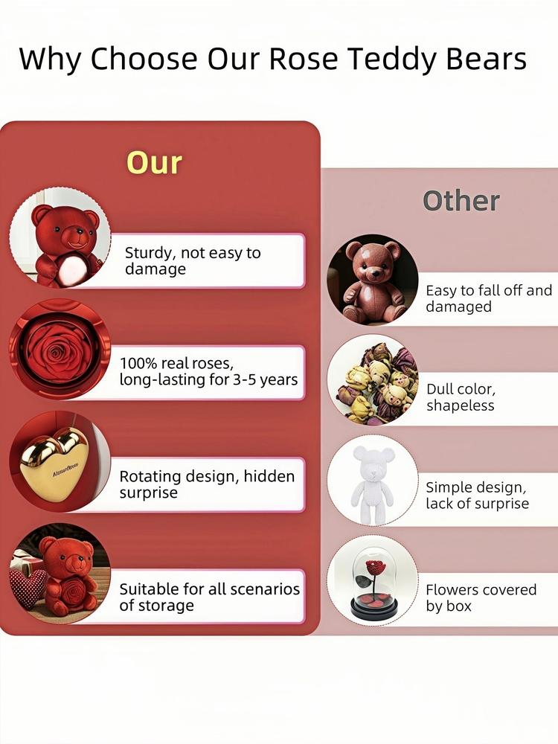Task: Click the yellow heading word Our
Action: point(154,163)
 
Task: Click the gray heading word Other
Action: point(461,201)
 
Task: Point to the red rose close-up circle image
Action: point(60,349)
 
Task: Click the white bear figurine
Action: point(373,484)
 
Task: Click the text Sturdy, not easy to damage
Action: point(193,260)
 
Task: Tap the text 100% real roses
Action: point(176,363)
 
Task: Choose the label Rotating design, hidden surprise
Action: point(207,484)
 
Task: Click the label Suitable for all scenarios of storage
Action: point(209,597)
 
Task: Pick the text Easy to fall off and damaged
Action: point(489,298)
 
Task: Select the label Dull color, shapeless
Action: point(461,397)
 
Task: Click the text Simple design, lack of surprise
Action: point(477,495)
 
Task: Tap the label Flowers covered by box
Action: point(481,597)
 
